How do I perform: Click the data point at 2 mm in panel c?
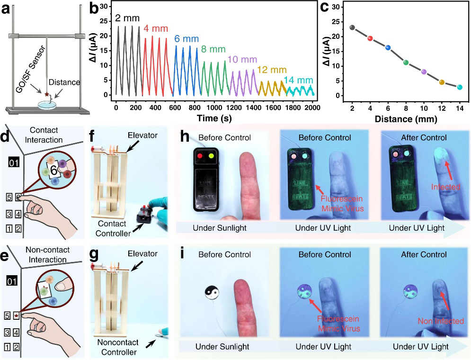point(352,27)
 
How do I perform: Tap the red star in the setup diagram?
point(46,95)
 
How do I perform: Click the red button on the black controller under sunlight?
point(200,155)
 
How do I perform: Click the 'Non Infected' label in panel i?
point(441,321)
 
